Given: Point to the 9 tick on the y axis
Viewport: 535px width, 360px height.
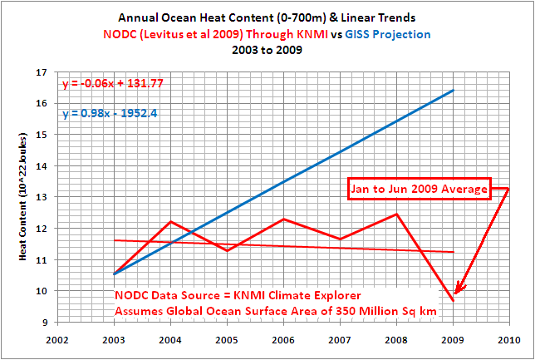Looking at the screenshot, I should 52,323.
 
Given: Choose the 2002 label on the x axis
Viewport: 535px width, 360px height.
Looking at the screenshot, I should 57,340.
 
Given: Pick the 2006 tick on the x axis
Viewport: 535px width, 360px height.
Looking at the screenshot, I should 282,340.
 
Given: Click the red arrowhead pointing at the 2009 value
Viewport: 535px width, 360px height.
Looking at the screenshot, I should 458,288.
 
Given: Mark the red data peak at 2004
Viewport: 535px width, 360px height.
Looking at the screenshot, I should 169,221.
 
